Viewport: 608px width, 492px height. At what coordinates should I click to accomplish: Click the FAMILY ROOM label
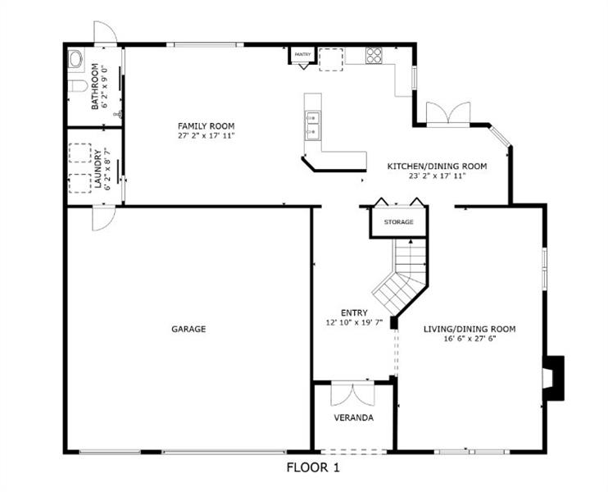click(206, 126)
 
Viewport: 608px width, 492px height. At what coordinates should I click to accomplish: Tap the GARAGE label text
click(188, 329)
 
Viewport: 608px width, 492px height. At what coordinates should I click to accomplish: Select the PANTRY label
click(302, 54)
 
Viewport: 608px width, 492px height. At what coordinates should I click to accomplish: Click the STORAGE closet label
click(398, 222)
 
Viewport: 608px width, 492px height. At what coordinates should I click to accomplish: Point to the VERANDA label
click(354, 417)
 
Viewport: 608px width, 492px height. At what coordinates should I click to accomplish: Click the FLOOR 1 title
click(313, 467)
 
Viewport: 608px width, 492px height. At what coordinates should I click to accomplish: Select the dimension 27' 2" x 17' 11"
click(206, 136)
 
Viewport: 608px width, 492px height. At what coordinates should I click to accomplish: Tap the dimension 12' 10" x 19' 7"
click(355, 322)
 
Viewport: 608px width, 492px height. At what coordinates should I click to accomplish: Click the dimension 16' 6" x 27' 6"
click(470, 339)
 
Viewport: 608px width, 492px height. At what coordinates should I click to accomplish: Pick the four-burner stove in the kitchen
click(374, 55)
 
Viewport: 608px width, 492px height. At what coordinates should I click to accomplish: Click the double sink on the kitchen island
click(312, 125)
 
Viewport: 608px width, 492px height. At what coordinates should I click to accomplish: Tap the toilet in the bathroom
click(77, 86)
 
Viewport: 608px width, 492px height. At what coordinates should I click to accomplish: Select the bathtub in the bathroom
click(75, 60)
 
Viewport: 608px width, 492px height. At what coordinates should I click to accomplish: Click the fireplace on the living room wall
click(553, 378)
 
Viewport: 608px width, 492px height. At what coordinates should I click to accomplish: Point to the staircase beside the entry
click(402, 276)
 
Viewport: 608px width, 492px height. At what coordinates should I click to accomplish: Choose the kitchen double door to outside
click(448, 114)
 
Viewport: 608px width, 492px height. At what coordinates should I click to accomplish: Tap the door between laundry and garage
click(104, 218)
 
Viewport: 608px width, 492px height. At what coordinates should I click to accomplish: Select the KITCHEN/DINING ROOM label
click(437, 166)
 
